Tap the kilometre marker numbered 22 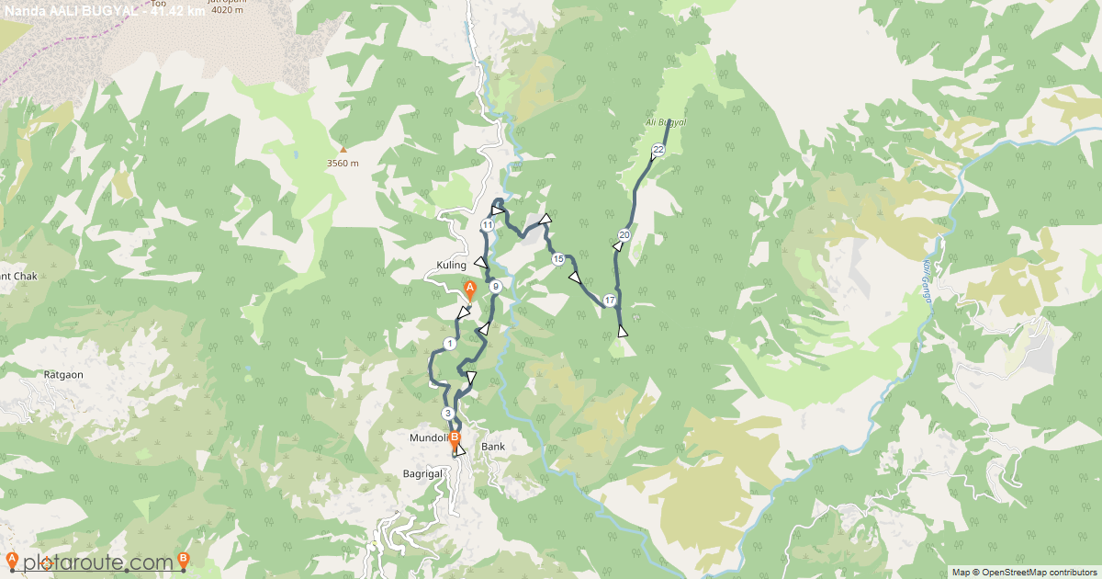click(658, 150)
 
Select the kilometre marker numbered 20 click(624, 235)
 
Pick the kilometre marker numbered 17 click(609, 300)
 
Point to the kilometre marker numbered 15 click(557, 259)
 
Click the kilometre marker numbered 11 click(488, 225)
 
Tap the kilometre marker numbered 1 click(449, 344)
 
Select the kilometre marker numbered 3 click(447, 414)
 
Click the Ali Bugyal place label click(666, 122)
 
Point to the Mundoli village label click(427, 439)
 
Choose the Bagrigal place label click(423, 472)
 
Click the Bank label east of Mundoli click(493, 447)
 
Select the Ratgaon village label click(64, 375)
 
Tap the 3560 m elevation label click(343, 164)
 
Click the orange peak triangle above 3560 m click(343, 149)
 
